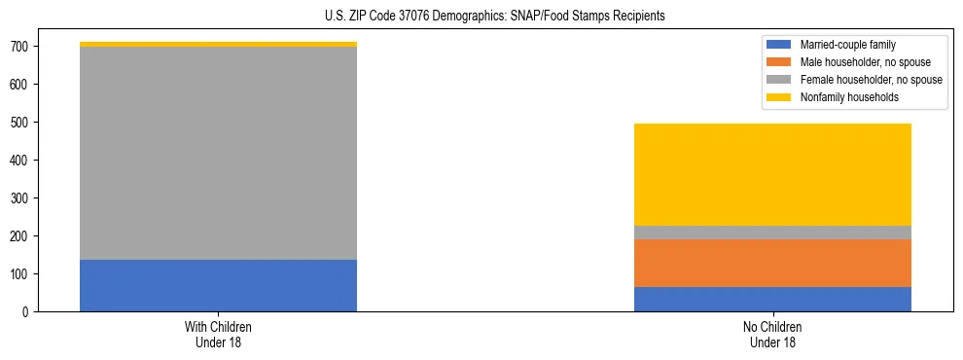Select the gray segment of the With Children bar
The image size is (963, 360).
click(x=218, y=153)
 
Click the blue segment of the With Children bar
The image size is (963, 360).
click(x=218, y=285)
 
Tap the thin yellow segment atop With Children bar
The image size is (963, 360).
click(x=218, y=44)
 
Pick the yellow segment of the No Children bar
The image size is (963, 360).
click(x=772, y=174)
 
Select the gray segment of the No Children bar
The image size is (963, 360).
click(x=772, y=233)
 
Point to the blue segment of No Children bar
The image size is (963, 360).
click(x=772, y=299)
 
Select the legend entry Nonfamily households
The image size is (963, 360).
click(x=841, y=97)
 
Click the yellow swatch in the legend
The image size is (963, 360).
click(x=779, y=97)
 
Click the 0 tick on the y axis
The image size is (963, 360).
click(x=34, y=311)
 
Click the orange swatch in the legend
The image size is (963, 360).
click(x=779, y=62)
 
